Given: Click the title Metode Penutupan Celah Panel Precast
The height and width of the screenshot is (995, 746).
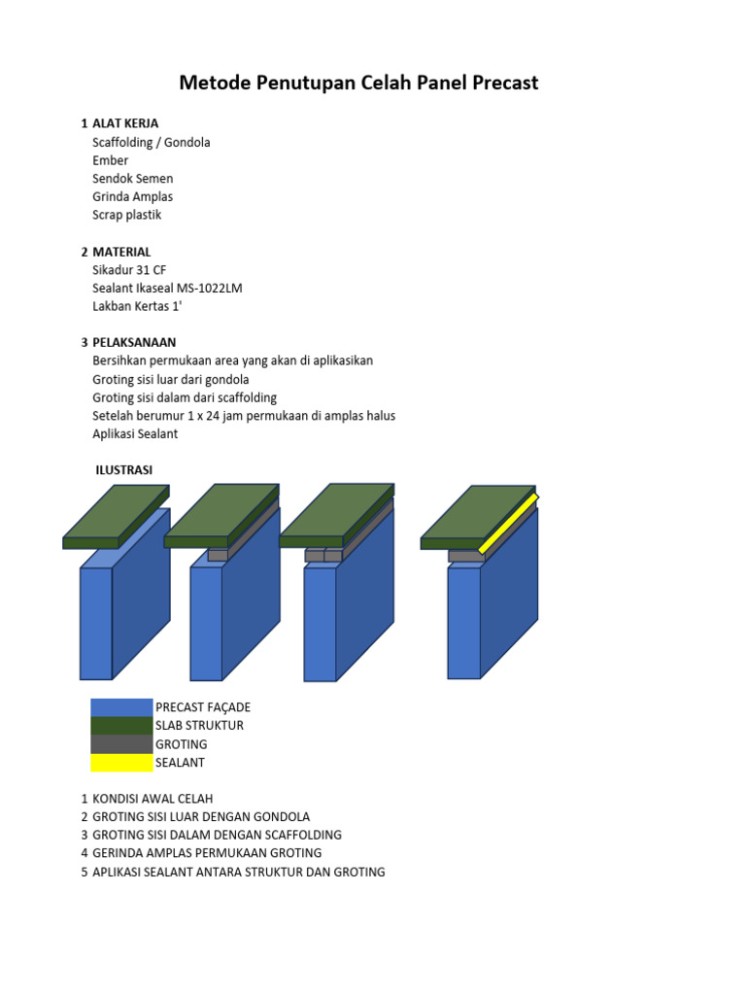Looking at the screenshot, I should [358, 83].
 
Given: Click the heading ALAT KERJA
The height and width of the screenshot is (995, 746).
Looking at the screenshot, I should [125, 123].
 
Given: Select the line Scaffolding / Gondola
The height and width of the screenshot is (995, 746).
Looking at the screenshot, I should [151, 142].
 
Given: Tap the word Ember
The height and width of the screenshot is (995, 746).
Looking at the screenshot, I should [110, 160].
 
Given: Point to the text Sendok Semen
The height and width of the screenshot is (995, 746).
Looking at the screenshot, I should [133, 179].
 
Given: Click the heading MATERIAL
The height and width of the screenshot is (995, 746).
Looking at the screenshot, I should [121, 252].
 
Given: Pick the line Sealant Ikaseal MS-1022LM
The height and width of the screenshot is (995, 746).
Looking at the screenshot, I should [166, 289].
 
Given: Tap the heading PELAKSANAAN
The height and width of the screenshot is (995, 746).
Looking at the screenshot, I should [135, 342].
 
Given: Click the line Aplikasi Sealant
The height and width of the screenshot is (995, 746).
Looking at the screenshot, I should [135, 434].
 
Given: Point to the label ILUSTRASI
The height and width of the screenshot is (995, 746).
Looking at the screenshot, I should [123, 470].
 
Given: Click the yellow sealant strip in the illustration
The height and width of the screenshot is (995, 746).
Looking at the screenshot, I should [507, 525].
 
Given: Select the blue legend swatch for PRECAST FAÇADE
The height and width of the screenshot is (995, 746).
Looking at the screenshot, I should [121, 707].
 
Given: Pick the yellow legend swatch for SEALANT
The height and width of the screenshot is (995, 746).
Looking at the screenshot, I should [121, 763].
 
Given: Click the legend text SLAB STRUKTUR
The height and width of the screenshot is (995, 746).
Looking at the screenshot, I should [199, 726].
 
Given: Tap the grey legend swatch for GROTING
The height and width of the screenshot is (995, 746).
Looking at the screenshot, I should [121, 744].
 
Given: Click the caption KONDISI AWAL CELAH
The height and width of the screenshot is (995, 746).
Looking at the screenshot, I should [153, 799].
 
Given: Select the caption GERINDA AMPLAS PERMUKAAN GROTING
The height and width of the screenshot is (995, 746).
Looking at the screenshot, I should [207, 853].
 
